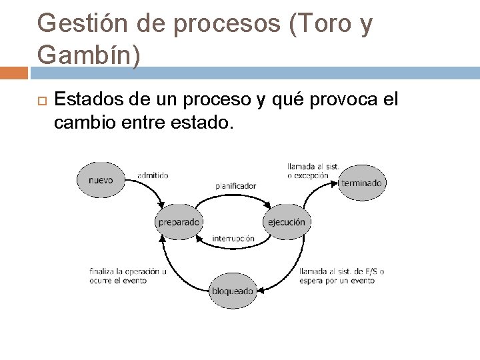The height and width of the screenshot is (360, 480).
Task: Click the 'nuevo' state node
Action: click(x=101, y=180)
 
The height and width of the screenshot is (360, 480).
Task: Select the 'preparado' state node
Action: click(x=179, y=222)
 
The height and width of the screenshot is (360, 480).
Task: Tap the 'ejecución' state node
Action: click(x=287, y=222)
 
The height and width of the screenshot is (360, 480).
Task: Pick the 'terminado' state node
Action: click(x=361, y=183)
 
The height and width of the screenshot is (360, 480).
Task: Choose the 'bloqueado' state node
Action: click(x=233, y=291)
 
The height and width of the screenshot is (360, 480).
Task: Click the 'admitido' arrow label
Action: click(x=153, y=175)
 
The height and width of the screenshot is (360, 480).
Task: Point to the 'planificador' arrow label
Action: click(x=235, y=186)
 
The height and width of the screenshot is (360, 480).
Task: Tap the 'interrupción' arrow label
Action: click(x=233, y=239)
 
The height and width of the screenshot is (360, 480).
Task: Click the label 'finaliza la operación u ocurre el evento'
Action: click(x=127, y=276)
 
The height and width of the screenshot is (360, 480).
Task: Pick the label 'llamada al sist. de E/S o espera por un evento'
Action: click(x=342, y=276)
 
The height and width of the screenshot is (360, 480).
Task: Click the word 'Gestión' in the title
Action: click(x=79, y=25)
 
